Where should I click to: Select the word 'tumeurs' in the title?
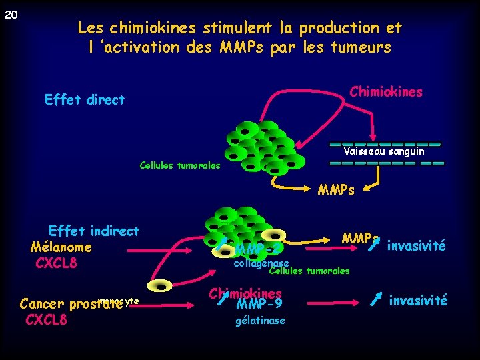(x=364, y=48)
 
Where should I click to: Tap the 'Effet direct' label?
(x=84, y=100)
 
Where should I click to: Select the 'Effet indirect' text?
(x=94, y=231)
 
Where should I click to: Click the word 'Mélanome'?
(x=61, y=247)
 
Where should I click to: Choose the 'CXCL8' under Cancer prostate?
(x=46, y=319)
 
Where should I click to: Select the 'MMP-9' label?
(x=259, y=304)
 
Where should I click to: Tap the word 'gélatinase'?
(x=260, y=321)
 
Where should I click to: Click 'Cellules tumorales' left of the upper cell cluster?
(x=179, y=165)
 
